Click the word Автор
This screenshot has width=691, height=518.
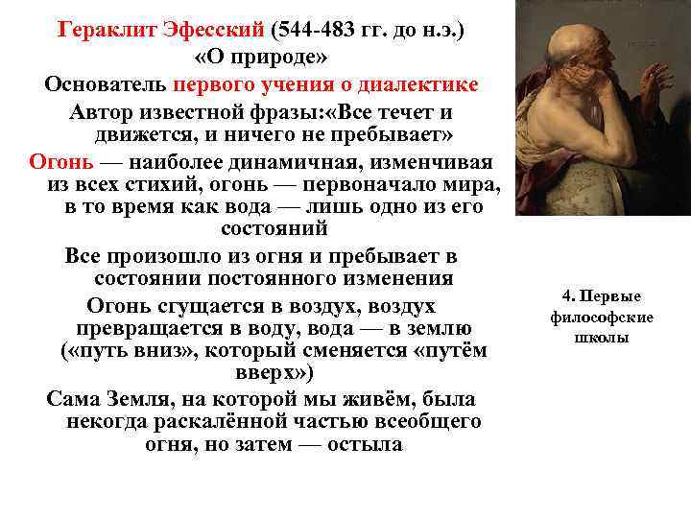tap(102, 110)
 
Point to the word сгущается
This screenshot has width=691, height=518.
tap(207, 306)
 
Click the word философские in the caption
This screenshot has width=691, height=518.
tap(602, 317)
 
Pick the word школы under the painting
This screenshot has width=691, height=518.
tap(603, 337)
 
